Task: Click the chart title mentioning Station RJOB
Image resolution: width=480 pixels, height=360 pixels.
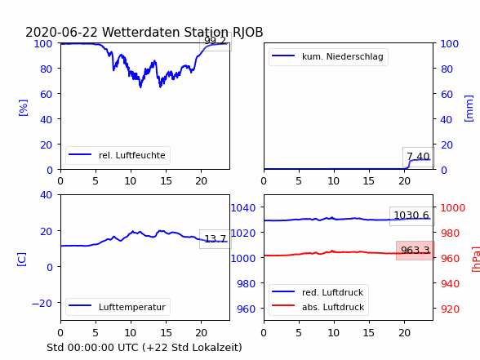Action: tap(144, 32)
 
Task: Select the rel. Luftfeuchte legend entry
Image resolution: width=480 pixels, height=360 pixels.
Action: tap(118, 155)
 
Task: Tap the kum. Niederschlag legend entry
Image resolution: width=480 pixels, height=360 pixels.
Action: tap(328, 56)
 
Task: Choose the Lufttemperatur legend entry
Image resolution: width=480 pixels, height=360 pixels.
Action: tap(118, 307)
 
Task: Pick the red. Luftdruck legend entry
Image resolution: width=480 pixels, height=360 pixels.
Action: tap(318, 292)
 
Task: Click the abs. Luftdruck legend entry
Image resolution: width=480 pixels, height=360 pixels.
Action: tap(318, 307)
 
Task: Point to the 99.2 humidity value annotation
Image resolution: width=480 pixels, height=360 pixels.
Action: tap(216, 41)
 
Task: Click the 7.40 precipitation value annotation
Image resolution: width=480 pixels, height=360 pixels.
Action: tap(418, 157)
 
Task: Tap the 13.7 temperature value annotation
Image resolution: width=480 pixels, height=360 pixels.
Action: tap(216, 238)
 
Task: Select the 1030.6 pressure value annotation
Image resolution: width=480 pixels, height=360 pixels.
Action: tap(411, 216)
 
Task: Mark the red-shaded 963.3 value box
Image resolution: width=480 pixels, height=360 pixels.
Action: tap(415, 251)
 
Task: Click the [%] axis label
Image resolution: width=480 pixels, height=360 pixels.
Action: tap(23, 108)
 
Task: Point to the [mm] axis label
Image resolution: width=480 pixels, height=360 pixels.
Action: tap(469, 109)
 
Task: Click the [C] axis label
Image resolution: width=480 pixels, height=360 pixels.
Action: tap(21, 260)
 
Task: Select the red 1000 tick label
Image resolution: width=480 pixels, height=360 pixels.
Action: tap(453, 208)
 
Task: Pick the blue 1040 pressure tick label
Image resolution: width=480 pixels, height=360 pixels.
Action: tap(243, 208)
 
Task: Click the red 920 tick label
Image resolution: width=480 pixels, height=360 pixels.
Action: tap(450, 309)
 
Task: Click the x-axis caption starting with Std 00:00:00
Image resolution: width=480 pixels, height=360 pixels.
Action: tap(144, 348)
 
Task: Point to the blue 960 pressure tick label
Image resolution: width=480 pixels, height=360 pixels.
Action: tap(247, 309)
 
